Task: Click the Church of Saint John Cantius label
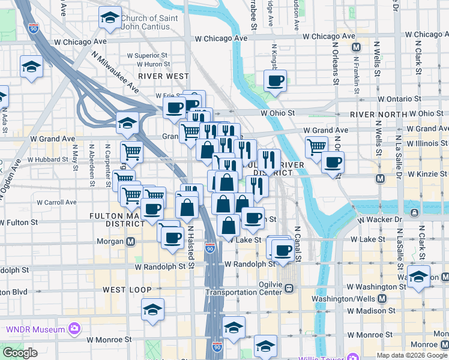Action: pos(149,22)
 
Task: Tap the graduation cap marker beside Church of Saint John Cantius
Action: pos(109,19)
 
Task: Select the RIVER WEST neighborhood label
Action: pos(163,76)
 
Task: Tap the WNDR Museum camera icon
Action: pos(74,329)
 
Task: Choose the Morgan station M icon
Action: pos(130,242)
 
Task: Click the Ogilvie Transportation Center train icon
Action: pos(289,288)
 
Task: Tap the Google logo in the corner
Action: pos(20,353)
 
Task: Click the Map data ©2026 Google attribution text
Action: pos(412,355)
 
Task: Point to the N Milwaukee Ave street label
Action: pos(115,71)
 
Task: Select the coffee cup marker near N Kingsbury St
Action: pos(275,80)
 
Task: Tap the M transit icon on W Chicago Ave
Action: pos(356,47)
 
